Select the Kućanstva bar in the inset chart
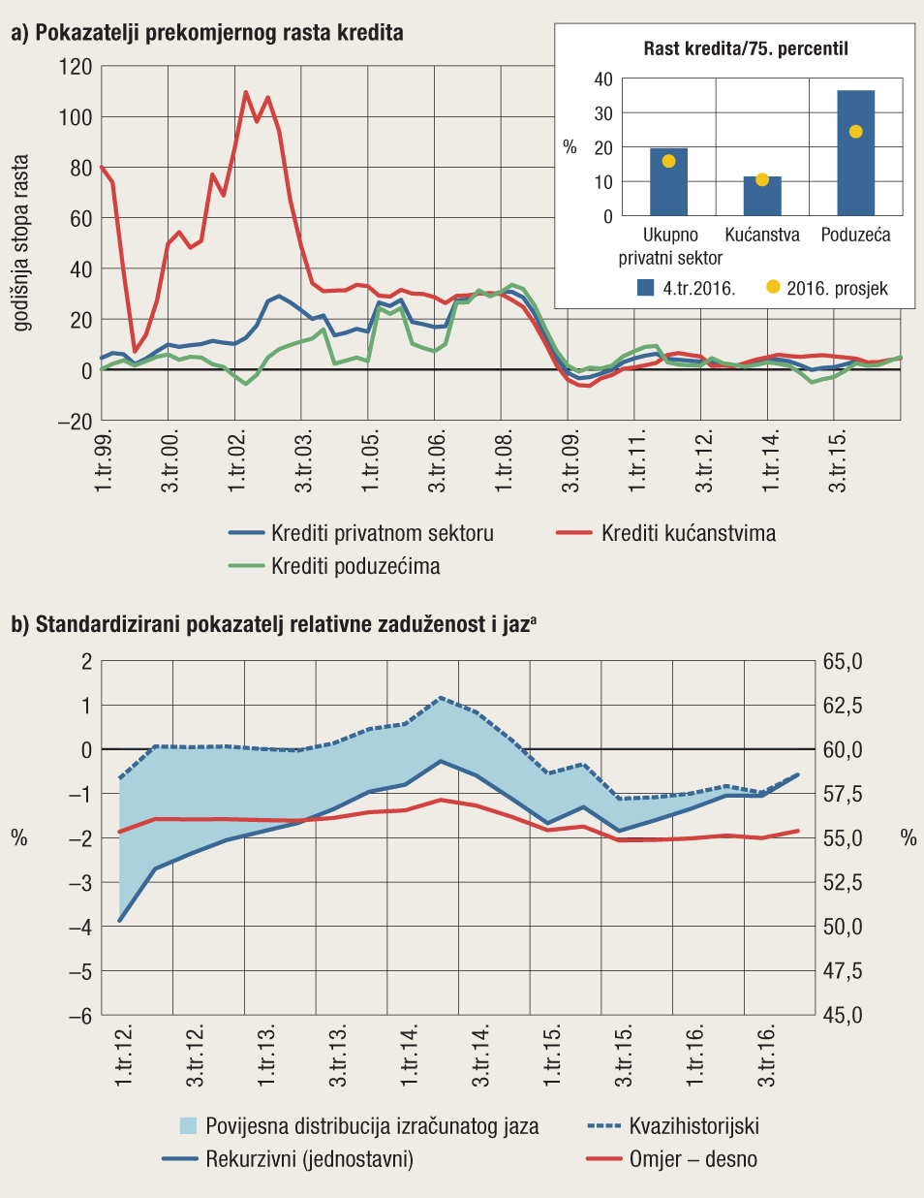tap(762, 198)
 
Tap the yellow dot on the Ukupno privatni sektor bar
tap(668, 161)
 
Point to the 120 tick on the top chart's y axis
tap(76, 67)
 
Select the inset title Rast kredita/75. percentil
tap(746, 48)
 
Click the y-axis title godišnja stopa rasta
tap(21, 243)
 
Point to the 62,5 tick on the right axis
tap(842, 706)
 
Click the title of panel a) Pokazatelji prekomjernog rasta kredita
tap(207, 32)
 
